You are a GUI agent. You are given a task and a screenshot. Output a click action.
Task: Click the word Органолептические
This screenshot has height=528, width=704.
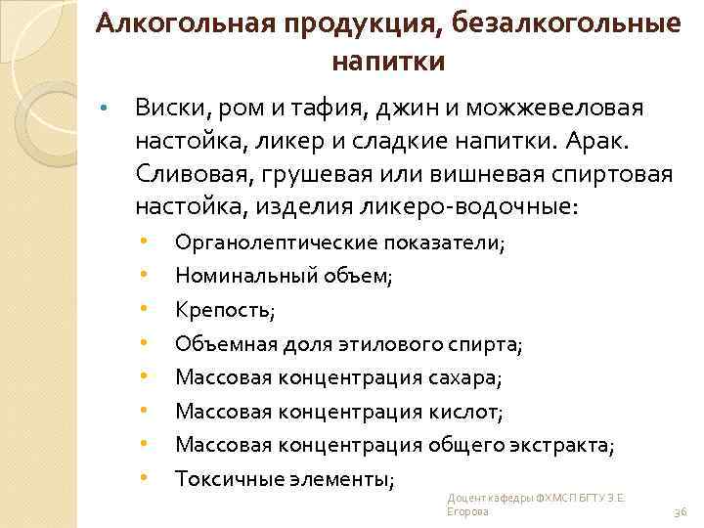[272, 244]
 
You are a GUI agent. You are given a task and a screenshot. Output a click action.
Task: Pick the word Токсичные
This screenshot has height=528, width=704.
[221, 479]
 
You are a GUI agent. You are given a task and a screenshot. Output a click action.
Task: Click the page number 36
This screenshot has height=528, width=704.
[682, 512]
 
